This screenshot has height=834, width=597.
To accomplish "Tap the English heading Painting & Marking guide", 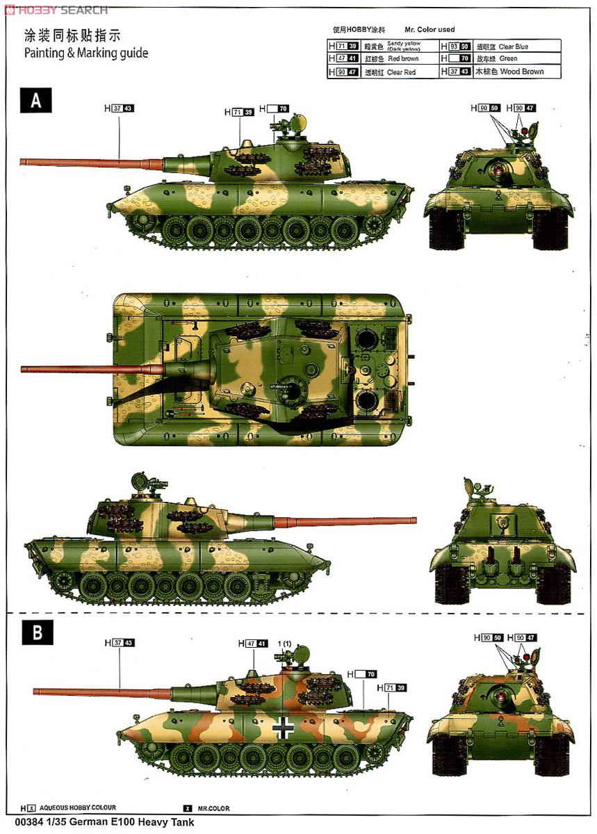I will click(x=86, y=53).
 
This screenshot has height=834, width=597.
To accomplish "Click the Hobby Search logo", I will click(x=56, y=9).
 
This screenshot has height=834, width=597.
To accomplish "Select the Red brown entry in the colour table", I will click(x=403, y=59).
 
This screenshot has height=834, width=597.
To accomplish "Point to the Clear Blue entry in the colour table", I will click(x=513, y=47).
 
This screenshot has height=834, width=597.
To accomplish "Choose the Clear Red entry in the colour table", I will click(x=401, y=72).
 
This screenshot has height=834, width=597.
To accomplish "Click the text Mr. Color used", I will click(x=430, y=29).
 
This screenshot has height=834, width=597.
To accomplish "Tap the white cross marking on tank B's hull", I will click(x=283, y=726).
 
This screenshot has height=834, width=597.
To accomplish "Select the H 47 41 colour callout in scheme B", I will click(x=253, y=644).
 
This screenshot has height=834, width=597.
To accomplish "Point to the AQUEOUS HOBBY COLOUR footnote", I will click(x=76, y=808).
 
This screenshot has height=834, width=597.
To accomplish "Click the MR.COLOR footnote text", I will click(x=213, y=809).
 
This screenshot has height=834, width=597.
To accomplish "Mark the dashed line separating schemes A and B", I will click(x=299, y=612).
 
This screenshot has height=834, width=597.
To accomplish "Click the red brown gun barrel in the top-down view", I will click(x=90, y=369).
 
